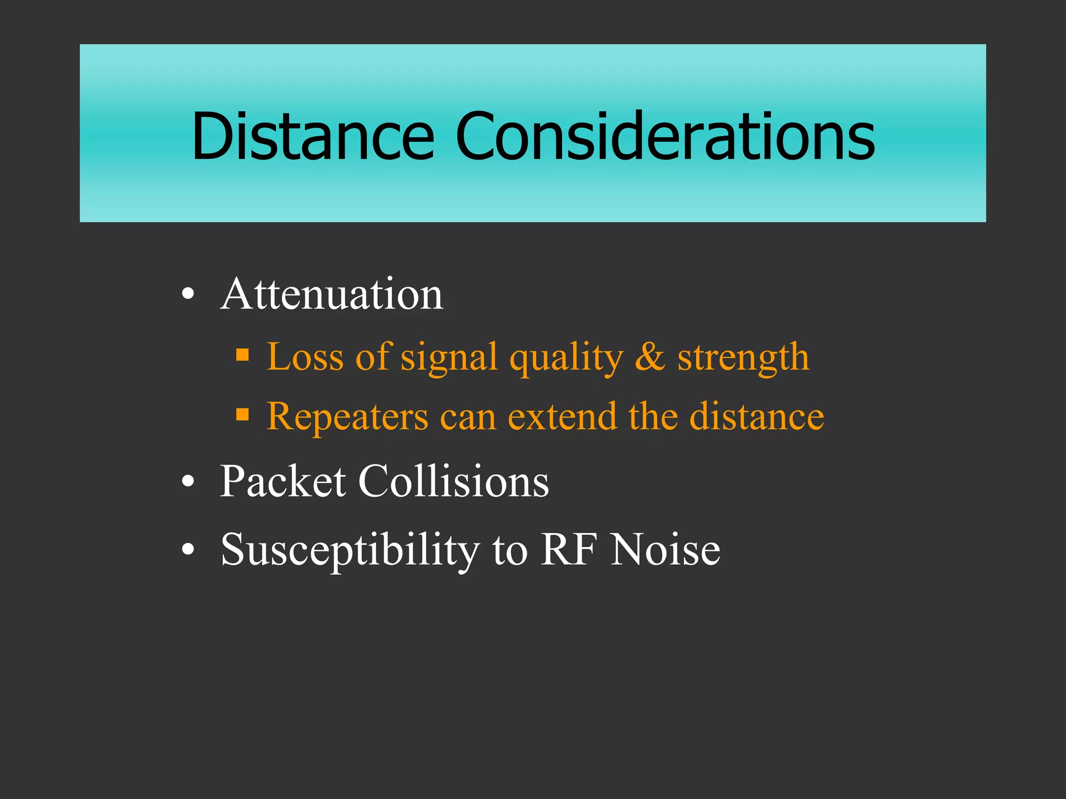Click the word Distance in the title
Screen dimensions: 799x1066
[x=312, y=136]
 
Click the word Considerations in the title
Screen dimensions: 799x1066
[x=665, y=136]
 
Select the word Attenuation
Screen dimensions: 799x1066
[x=332, y=294]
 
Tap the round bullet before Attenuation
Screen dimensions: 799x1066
[x=188, y=295]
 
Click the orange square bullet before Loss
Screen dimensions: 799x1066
[x=243, y=356]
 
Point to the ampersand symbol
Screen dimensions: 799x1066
[x=650, y=357]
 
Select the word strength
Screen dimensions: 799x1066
[x=743, y=358]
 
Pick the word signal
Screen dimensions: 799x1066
[x=449, y=358]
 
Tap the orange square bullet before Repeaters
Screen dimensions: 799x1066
[x=243, y=415]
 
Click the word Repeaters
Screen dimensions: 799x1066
[x=347, y=417]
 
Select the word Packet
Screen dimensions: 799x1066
[x=283, y=481]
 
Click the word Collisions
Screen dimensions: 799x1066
[x=453, y=481]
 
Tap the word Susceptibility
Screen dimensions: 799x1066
[x=350, y=550]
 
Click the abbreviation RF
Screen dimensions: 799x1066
[x=568, y=549]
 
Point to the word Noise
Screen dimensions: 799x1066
[x=666, y=549]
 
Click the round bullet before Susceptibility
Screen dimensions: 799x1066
[x=188, y=550]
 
